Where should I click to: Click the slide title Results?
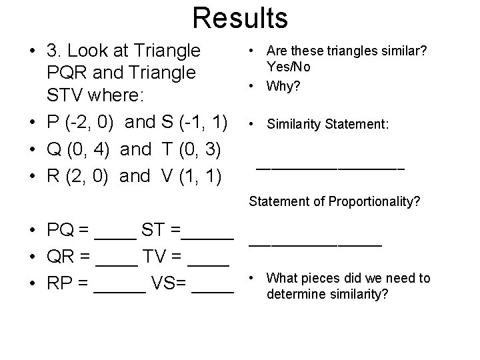click(x=240, y=18)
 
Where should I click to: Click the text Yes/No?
click(x=289, y=67)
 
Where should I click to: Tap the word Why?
click(x=283, y=85)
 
